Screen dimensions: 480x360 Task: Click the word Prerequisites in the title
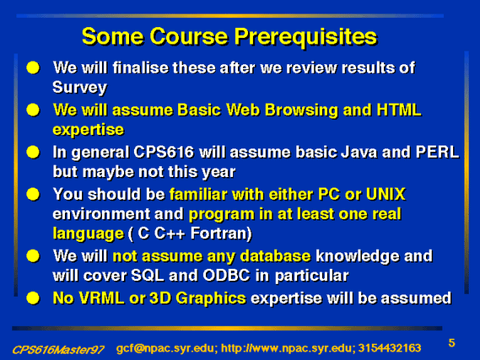point(305,37)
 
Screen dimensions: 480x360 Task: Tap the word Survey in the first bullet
point(79,88)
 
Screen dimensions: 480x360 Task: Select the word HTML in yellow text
point(399,110)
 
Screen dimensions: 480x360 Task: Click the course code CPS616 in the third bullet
point(164,152)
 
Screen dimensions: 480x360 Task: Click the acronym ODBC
point(227,276)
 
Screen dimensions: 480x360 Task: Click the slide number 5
point(451,343)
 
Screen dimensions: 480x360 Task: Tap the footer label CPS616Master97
point(58,349)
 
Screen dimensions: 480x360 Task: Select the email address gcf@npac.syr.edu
point(165,348)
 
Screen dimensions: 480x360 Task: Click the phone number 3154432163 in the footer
point(390,348)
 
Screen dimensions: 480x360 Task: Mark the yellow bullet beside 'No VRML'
point(33,298)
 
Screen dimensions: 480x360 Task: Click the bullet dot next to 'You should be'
point(33,195)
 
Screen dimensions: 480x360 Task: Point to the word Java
point(359,152)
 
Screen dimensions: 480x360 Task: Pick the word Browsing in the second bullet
point(301,110)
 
